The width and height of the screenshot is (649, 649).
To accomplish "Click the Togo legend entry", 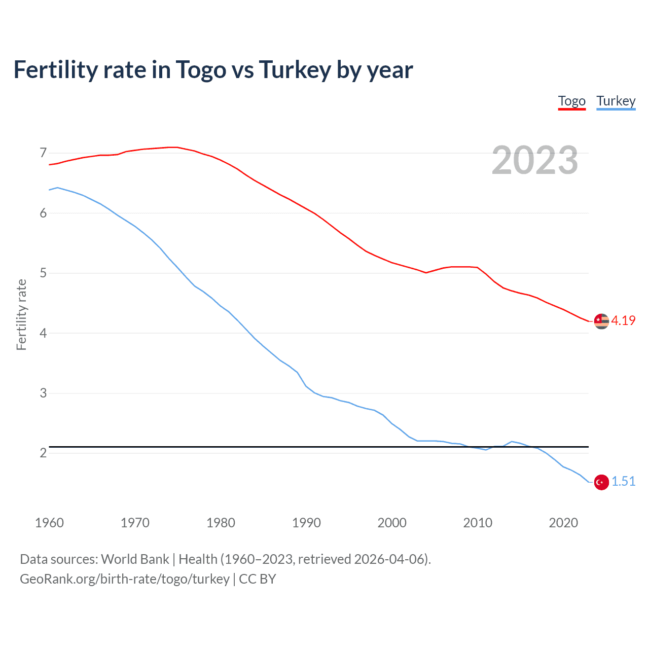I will pos(571,101).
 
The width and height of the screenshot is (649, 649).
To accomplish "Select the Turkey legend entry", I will pos(616,101).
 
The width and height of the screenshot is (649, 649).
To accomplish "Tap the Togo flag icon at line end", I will pos(601,321).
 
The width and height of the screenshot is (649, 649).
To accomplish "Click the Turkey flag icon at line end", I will pos(601,482).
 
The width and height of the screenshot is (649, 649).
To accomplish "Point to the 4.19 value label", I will pos(623,321).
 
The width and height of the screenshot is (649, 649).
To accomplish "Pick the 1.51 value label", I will pos(623,482).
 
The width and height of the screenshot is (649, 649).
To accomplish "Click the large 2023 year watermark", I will pos(534,161).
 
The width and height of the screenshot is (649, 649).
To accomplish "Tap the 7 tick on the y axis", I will pos(43,153).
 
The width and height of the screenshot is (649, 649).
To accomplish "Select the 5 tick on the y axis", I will pos(43,273).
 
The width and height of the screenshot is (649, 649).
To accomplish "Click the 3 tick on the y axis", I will pos(43,393).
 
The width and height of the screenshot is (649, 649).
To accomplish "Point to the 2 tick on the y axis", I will pos(43,453).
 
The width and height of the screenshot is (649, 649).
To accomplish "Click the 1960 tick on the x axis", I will pos(49,523).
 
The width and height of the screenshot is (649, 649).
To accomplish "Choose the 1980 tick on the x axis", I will pos(221,523).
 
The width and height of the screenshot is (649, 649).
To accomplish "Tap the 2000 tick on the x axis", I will pos(392,523).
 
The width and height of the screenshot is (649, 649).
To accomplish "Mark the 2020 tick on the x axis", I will pos(563,523).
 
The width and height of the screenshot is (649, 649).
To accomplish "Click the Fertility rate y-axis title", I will pos(21,314).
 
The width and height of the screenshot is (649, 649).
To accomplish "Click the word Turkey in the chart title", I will pos(295,70).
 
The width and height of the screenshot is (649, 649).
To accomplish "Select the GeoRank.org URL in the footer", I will pos(124,579).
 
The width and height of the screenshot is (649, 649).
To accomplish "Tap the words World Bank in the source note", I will pos(135,559).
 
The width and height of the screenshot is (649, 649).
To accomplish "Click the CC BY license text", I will pos(257,579).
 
